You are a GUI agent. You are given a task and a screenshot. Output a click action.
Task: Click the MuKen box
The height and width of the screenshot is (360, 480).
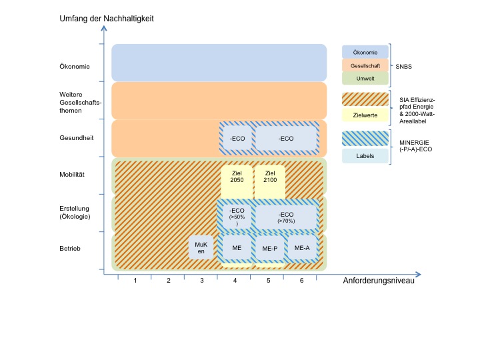pyautogui.click(x=201, y=248)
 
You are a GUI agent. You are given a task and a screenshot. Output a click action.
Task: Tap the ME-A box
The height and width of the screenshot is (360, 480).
pyautogui.click(x=302, y=248)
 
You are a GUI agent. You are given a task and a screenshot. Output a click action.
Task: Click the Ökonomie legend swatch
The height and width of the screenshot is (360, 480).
pyautogui.click(x=365, y=53)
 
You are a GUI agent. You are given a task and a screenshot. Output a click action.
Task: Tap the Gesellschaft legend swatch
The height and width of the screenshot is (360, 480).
pyautogui.click(x=365, y=65)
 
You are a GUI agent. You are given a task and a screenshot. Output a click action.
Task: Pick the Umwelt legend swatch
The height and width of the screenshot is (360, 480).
pyautogui.click(x=365, y=79)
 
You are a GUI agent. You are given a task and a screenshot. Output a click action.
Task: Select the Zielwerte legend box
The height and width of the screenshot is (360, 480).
pyautogui.click(x=365, y=115)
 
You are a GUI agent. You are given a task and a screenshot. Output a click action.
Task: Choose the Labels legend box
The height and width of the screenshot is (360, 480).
pyautogui.click(x=365, y=157)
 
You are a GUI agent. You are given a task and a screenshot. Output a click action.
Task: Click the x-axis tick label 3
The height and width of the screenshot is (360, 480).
pyautogui.click(x=202, y=281)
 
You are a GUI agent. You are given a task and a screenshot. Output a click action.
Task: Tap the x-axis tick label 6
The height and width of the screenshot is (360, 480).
pyautogui.click(x=301, y=281)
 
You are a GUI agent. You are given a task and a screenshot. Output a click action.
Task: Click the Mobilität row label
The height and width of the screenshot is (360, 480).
pyautogui.click(x=72, y=175)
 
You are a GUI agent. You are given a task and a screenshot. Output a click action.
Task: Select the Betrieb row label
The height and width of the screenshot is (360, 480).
pyautogui.click(x=69, y=249)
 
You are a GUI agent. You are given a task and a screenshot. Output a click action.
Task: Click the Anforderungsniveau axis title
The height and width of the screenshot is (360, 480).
pyautogui.click(x=379, y=281)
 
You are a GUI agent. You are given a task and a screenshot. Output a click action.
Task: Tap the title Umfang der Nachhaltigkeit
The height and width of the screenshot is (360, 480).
pyautogui.click(x=106, y=19)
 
